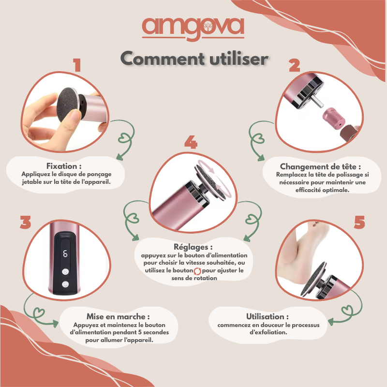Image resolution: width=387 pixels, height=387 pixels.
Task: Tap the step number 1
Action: (76, 65)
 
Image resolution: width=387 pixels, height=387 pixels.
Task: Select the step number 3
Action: (26, 223)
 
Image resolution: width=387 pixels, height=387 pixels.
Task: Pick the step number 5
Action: (359, 223)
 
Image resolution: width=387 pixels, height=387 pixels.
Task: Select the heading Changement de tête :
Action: (320, 166)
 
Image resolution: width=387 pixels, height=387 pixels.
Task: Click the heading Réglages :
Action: (193, 247)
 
